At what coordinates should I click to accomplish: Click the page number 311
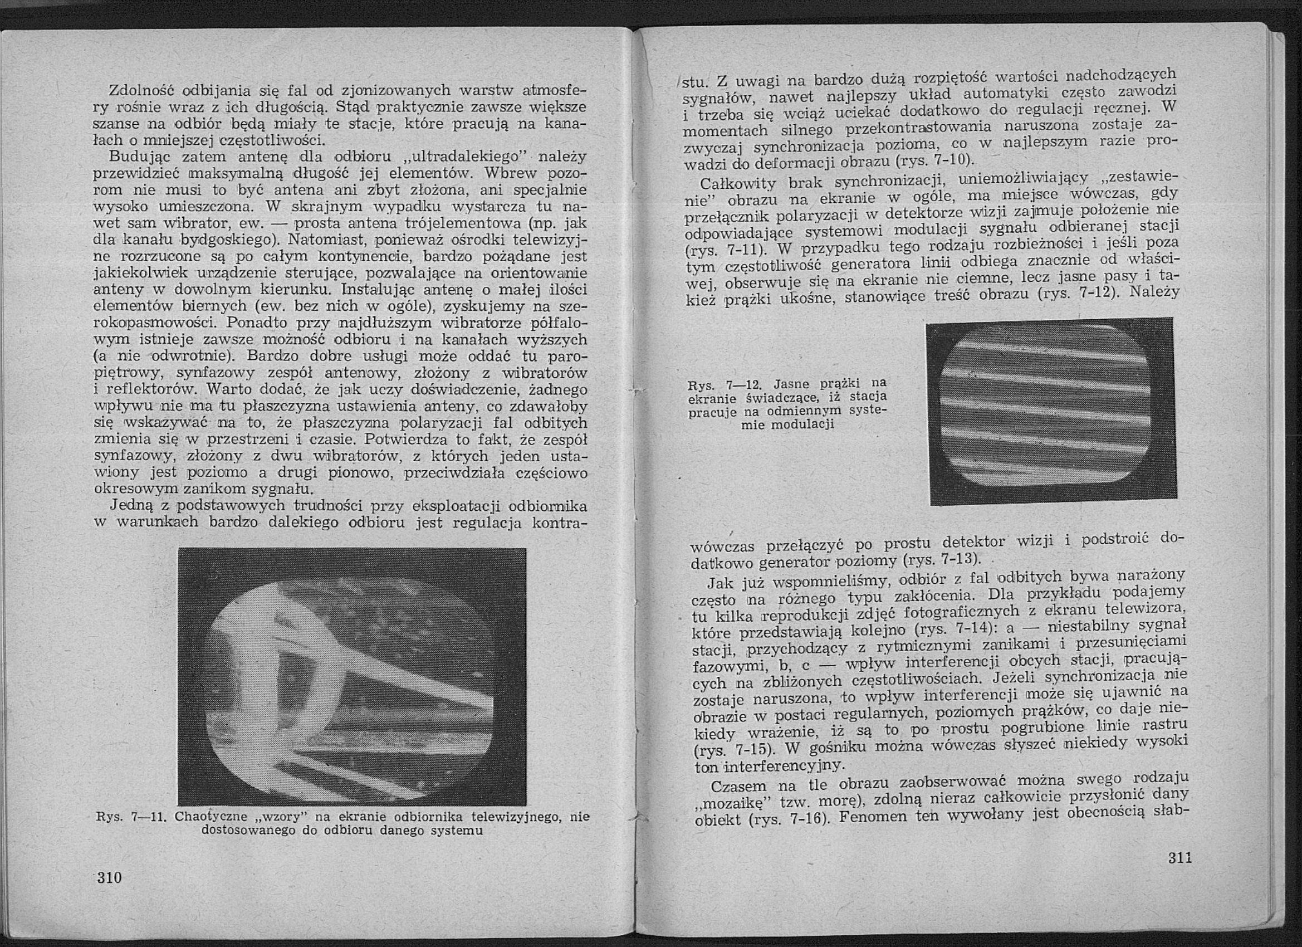1179,858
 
